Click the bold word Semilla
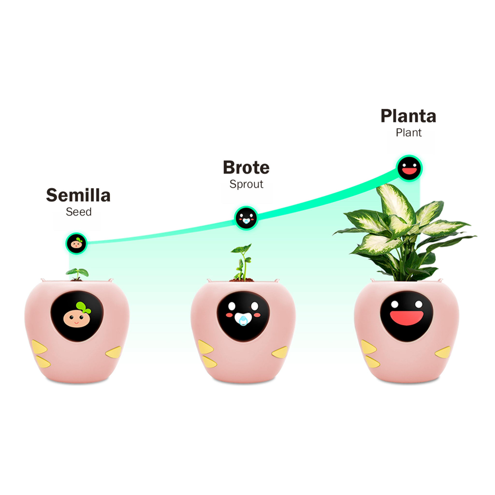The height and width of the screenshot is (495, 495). (78, 195)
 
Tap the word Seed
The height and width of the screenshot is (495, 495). (79, 212)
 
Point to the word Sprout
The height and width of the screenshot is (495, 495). (246, 184)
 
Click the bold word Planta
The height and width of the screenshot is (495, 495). (408, 116)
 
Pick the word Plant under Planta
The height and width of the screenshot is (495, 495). (409, 133)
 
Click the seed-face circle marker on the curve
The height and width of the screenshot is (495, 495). (76, 243)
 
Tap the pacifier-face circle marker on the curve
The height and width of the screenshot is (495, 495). (246, 218)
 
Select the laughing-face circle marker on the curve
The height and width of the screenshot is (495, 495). (409, 168)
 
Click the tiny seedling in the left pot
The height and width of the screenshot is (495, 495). (77, 274)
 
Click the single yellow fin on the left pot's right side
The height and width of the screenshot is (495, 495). (114, 352)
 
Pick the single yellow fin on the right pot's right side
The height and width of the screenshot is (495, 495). (443, 352)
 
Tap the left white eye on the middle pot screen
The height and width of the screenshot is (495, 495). (232, 306)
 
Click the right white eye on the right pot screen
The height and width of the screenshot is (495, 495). (419, 304)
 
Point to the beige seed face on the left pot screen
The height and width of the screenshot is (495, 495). (77, 318)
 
